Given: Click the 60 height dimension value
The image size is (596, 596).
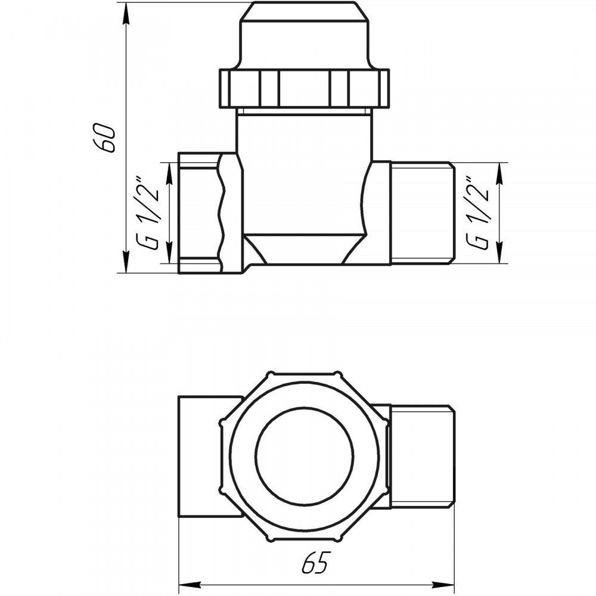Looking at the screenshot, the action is pyautogui.click(x=103, y=138).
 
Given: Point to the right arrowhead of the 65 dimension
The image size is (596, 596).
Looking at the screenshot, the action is pyautogui.click(x=444, y=583).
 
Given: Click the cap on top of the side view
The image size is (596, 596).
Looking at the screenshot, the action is pyautogui.click(x=305, y=36).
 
